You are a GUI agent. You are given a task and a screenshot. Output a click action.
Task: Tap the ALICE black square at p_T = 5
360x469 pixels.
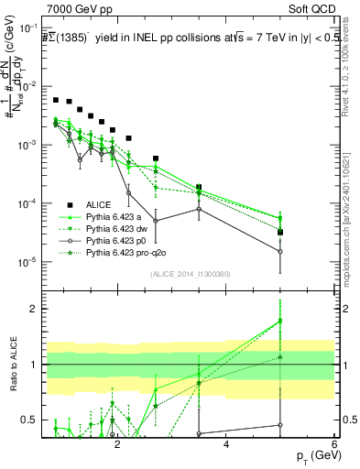click(x=280, y=232)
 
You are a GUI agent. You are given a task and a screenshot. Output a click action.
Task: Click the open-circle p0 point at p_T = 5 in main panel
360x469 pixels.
click(x=280, y=252)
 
